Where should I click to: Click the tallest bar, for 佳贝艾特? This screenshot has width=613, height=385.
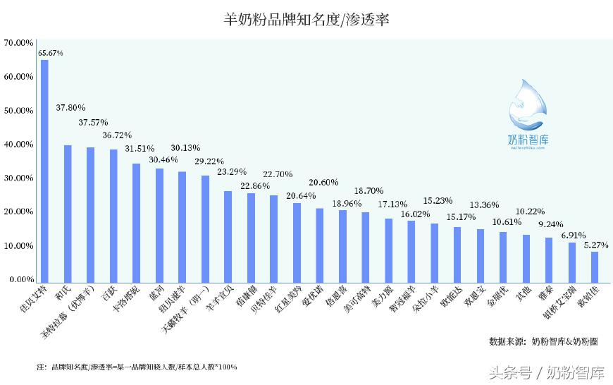[44, 169]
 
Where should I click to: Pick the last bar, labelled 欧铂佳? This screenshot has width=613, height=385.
[595, 266]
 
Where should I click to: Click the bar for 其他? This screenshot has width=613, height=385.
[526, 257]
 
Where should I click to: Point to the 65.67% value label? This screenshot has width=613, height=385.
[51, 53]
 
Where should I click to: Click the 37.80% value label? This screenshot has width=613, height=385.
[70, 108]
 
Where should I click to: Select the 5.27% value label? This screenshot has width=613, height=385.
[595, 245]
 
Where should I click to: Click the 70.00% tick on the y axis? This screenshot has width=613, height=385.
[18, 43]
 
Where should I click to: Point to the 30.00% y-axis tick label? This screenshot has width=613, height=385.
[18, 178]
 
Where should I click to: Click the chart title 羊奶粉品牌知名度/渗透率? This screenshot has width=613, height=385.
[306, 20]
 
